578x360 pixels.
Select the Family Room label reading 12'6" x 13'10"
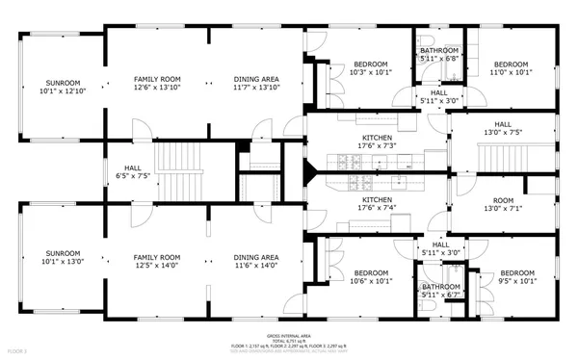pos(157,83)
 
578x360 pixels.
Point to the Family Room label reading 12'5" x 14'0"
pos(157,263)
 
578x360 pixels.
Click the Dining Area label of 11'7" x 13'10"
pos(256,83)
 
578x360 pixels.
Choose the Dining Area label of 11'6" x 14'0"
pos(256,263)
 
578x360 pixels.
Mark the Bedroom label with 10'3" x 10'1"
pos(370,66)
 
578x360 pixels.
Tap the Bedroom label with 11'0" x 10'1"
pos(510,66)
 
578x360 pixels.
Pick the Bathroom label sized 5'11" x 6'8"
pos(438,54)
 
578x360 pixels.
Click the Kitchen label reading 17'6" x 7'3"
pos(377,142)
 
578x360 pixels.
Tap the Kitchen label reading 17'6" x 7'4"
pos(377,203)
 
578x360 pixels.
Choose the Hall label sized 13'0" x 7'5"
pos(503,128)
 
